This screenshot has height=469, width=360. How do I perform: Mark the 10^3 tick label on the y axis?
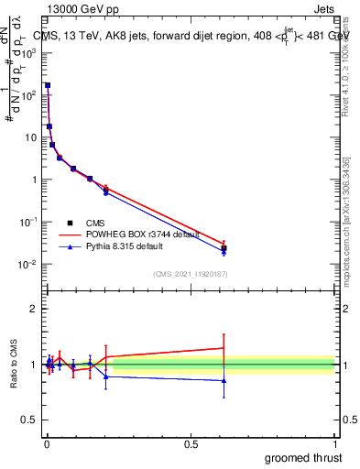[29, 52]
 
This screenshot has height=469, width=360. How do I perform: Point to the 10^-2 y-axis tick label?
[29, 265]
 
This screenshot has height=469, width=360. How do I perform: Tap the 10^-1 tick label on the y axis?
[29, 223]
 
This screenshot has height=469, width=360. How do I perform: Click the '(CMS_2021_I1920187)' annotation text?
[190, 273]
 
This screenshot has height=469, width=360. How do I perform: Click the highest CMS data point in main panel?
[48, 85]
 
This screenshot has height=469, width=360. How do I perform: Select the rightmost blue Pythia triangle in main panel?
[224, 252]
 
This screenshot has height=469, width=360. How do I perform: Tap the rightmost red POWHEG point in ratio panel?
[224, 348]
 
